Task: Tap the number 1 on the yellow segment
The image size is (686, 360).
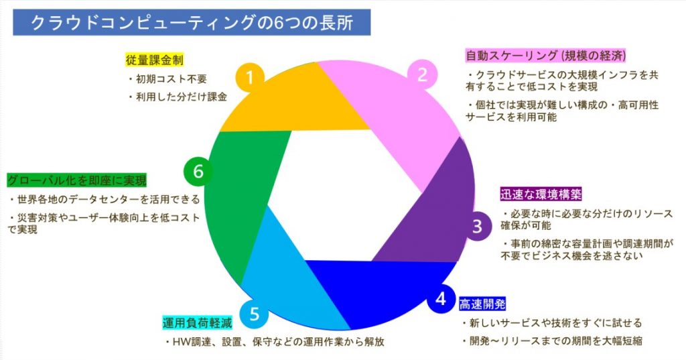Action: pyautogui.click(x=250, y=78)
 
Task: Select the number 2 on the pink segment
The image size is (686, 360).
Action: pyautogui.click(x=422, y=74)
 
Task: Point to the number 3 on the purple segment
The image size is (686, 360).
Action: pyautogui.click(x=476, y=226)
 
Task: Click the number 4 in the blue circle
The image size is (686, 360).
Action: pyautogui.click(x=440, y=299)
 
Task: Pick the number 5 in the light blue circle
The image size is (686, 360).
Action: pyautogui.click(x=253, y=313)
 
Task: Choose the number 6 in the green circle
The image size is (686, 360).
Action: pyautogui.click(x=198, y=172)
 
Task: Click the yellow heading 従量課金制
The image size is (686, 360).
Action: pyautogui.click(x=155, y=60)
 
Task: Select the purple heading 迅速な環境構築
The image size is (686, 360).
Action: pyautogui.click(x=541, y=194)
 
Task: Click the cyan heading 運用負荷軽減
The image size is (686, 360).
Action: pyautogui.click(x=197, y=322)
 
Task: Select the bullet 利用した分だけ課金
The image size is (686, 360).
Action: pyautogui.click(x=178, y=97)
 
